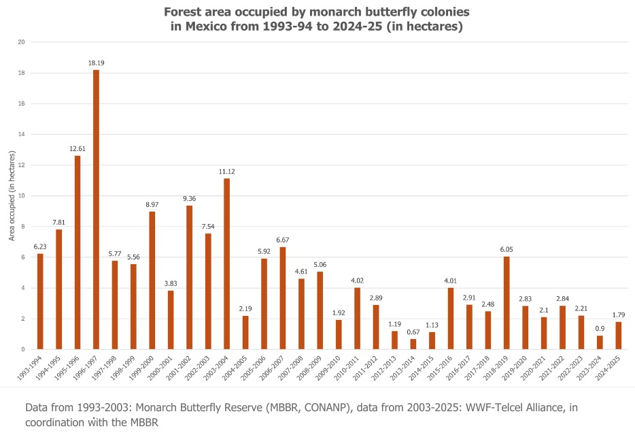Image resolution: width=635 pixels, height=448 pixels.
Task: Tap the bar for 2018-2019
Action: pos(507,303)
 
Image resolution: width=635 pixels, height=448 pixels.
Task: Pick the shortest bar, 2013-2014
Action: pos(413,345)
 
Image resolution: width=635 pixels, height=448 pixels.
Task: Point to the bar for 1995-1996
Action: pos(78,253)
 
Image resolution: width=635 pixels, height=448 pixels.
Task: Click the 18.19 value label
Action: pos(96,63)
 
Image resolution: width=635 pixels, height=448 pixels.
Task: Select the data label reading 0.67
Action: pos(413,332)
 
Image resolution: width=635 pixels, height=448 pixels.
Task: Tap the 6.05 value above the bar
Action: pos(507,249)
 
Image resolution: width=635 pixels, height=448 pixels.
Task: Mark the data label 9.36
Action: pos(189,198)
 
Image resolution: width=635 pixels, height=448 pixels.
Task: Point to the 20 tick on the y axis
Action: pos(21,42)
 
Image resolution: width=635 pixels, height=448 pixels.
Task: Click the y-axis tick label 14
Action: pos(21,135)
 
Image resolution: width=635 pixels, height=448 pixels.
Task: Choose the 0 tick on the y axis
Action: pos(23,350)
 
